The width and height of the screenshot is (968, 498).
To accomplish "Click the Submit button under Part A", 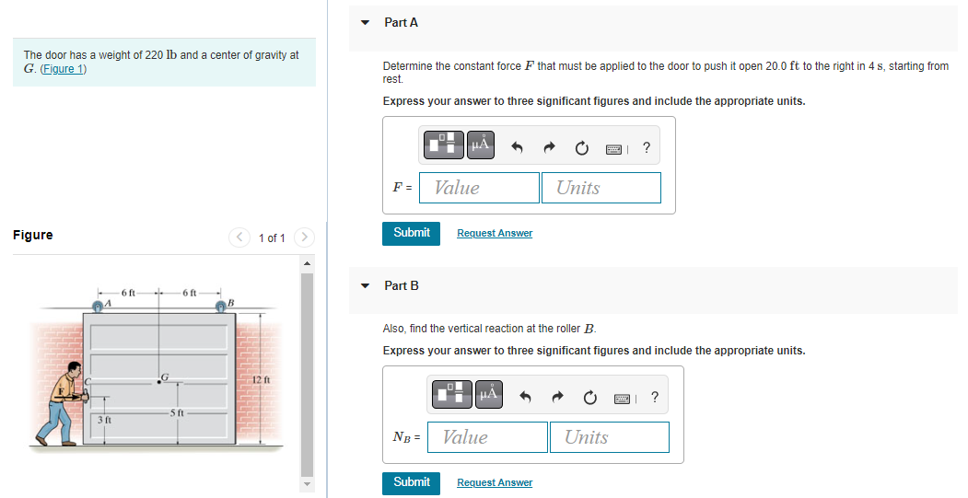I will [x=411, y=233].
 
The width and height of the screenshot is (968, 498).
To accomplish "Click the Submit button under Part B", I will [x=411, y=482].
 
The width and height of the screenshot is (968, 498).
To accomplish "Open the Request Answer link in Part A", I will [x=495, y=234].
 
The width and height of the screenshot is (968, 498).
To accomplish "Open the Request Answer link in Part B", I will [x=495, y=483].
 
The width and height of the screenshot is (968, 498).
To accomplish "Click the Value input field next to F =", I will [x=479, y=188].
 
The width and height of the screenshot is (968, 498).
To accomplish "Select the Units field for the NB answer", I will [x=609, y=437].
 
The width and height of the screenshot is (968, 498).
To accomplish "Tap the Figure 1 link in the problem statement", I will [x=63, y=70].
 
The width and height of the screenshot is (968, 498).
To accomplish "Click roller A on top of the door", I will [x=99, y=306].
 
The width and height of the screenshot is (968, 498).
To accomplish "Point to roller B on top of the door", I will [x=221, y=306].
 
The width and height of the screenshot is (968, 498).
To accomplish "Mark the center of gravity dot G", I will [x=159, y=381].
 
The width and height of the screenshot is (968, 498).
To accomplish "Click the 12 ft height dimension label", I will [x=259, y=380].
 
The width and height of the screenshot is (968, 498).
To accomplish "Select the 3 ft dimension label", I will [x=105, y=420].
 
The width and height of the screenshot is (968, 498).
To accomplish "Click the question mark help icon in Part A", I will [x=646, y=146].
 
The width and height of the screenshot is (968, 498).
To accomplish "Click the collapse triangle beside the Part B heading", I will [x=366, y=286].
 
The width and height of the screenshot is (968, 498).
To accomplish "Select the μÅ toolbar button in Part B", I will [x=488, y=396].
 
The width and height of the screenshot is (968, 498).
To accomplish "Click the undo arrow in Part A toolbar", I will [x=517, y=146].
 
